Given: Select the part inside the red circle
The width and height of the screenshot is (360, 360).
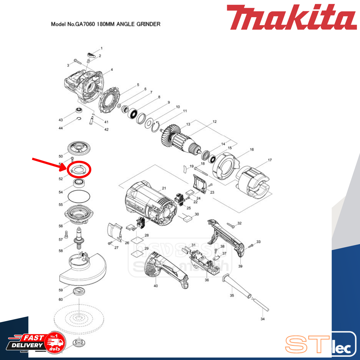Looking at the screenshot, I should click(x=79, y=170).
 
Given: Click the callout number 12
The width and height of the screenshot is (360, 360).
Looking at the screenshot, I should click(x=215, y=121).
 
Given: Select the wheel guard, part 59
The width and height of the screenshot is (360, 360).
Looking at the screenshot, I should click(x=83, y=270).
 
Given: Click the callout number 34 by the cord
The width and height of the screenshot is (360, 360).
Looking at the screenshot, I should click(x=262, y=319).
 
